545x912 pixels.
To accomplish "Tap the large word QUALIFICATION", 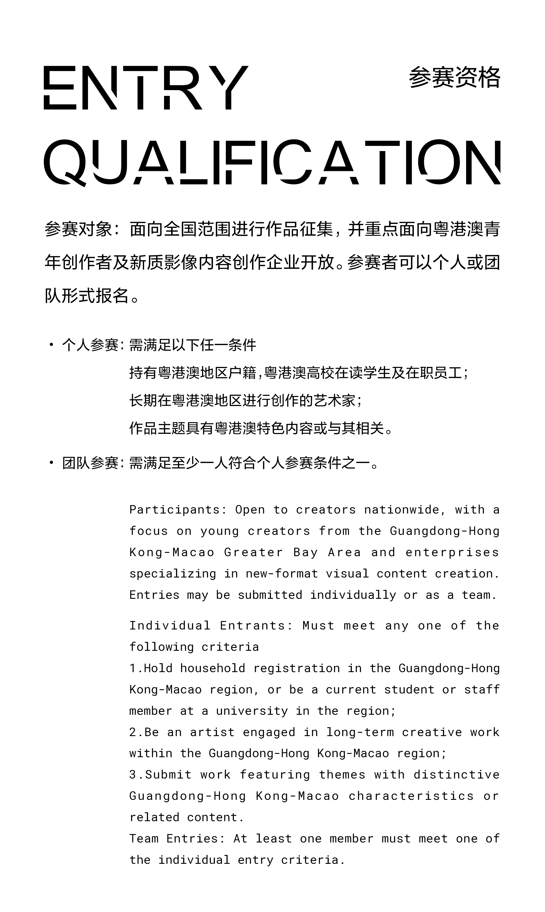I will pos(272,162).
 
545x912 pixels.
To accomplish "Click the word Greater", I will pos(253,552).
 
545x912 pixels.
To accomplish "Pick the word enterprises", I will pos(452,552).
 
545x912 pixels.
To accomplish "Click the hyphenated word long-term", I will pos(360,732).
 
